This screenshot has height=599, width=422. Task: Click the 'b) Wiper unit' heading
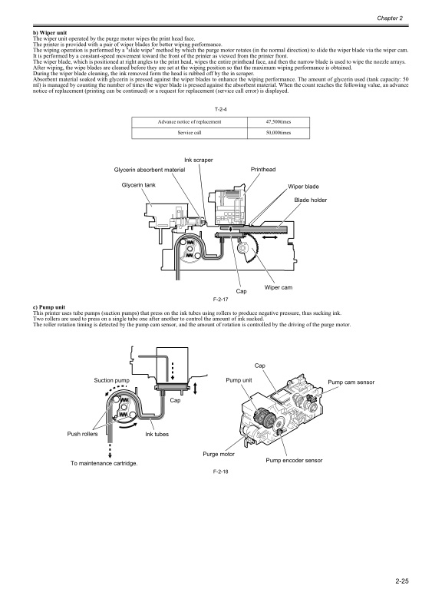(x=50, y=33)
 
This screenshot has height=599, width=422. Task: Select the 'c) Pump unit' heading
(x=49, y=307)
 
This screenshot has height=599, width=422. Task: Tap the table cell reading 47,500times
(x=279, y=122)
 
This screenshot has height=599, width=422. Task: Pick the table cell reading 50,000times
(x=279, y=133)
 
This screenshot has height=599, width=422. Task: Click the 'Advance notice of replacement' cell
(x=190, y=122)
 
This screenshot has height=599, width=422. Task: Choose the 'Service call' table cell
(x=190, y=133)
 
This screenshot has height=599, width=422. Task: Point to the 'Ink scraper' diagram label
(x=199, y=160)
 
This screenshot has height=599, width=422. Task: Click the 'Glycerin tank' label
(x=139, y=185)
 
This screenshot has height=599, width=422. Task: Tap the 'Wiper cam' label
(x=279, y=287)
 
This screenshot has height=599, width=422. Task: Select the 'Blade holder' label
(x=311, y=200)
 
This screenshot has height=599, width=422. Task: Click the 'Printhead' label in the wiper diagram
(x=263, y=169)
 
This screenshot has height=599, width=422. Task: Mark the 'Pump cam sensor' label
(x=351, y=382)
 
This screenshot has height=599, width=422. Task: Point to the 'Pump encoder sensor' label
(x=294, y=460)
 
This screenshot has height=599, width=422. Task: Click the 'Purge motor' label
(x=219, y=454)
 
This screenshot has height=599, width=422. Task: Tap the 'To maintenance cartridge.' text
(x=104, y=463)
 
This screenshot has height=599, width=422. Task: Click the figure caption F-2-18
(x=220, y=472)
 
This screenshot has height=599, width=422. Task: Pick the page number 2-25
(x=402, y=581)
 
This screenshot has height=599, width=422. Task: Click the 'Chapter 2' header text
(x=390, y=18)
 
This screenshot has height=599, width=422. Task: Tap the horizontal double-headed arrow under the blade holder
(x=270, y=237)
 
